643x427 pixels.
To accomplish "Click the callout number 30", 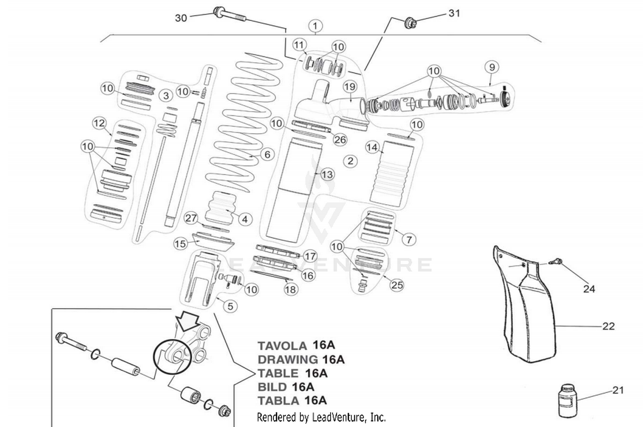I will (x=181, y=18).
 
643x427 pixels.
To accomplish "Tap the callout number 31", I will (x=454, y=13).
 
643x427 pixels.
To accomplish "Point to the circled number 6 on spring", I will (x=267, y=154).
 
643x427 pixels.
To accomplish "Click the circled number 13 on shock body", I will (x=327, y=174).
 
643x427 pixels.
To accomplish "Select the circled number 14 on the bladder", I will (x=372, y=147).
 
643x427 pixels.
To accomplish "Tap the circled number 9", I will (x=492, y=67).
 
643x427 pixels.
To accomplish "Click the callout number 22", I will (x=608, y=326).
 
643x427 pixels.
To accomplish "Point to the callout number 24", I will (x=589, y=289).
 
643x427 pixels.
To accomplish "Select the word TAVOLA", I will (x=282, y=346).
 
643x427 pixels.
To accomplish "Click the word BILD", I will (x=272, y=387).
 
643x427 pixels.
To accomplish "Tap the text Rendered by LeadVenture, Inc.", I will (x=321, y=417).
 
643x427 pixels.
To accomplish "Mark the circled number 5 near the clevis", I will (x=230, y=306).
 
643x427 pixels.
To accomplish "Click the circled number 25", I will (x=397, y=285).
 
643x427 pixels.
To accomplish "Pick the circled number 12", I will (x=99, y=123).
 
